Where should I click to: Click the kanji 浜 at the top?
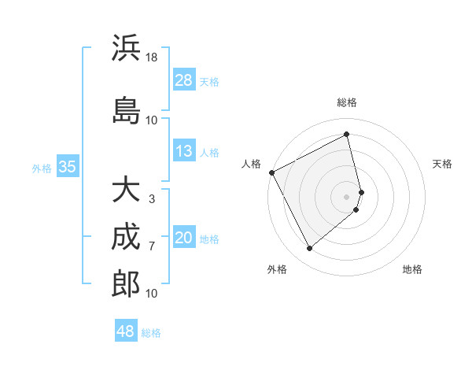(126, 48)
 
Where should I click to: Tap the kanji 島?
(126, 110)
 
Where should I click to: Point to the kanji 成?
(126, 237)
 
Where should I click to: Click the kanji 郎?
(126, 284)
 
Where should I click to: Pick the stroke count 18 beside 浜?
(152, 57)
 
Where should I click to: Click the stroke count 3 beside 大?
(152, 199)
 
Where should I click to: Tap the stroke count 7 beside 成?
(152, 246)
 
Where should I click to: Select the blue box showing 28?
(184, 80)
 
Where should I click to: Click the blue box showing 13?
(184, 151)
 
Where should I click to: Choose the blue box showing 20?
(184, 238)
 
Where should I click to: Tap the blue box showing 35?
(67, 167)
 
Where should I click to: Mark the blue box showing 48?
(126, 331)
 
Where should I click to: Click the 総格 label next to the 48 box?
(151, 333)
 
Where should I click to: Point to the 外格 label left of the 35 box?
(42, 168)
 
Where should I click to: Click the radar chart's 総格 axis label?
(347, 102)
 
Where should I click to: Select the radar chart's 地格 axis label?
(412, 269)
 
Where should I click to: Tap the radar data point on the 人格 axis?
(271, 172)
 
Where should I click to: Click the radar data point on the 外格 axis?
(309, 249)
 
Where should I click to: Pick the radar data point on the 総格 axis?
(347, 134)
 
